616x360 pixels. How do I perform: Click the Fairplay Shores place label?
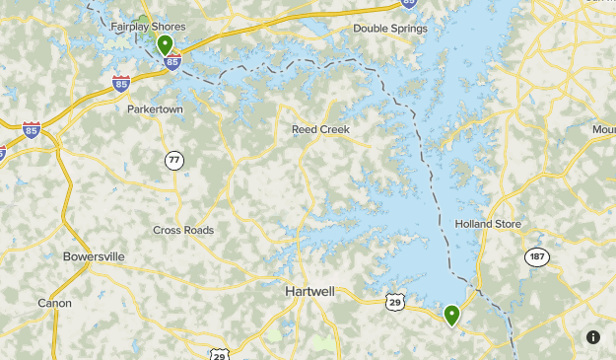click(x=147, y=27)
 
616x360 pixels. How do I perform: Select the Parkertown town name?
click(x=155, y=109)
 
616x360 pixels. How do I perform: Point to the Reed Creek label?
click(x=320, y=129)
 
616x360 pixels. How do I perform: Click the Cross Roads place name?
click(x=183, y=230)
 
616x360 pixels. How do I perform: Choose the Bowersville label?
click(x=94, y=256)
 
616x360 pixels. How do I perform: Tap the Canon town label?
click(x=54, y=303)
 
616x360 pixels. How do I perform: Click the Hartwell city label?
click(x=309, y=292)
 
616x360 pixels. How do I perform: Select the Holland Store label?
click(x=487, y=224)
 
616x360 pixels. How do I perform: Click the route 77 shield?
click(x=174, y=160)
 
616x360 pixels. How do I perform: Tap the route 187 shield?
click(x=536, y=256)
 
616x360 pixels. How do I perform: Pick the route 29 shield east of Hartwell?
click(x=395, y=301)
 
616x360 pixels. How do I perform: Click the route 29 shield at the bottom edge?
click(x=218, y=353)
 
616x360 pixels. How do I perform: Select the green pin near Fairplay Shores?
click(x=165, y=44)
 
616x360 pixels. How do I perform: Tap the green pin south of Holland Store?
click(x=451, y=316)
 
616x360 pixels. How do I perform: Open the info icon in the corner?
click(x=592, y=336)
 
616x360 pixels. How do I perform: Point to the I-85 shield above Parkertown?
click(x=121, y=85)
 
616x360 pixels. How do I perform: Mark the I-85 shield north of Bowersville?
click(x=32, y=130)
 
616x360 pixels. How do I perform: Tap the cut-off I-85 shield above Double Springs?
click(x=409, y=3)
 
